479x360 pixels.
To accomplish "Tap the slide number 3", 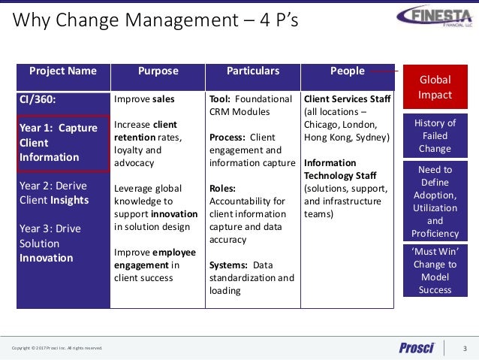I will [465, 347].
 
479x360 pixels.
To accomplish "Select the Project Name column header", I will [63, 71].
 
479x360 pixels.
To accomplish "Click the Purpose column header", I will [158, 71].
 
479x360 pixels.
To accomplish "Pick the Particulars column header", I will [253, 71].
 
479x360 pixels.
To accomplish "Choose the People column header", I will [347, 71].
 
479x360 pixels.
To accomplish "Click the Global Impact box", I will [435, 87].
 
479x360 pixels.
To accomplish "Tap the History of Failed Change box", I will [435, 136].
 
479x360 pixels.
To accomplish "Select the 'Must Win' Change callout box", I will [435, 270].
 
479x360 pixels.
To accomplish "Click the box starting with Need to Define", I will [435, 201].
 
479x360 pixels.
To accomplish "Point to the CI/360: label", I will [37, 99].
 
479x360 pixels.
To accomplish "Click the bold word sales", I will [163, 99].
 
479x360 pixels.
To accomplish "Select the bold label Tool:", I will [221, 99].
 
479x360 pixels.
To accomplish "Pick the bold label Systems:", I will [229, 265].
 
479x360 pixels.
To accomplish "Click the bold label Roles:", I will [223, 188].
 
